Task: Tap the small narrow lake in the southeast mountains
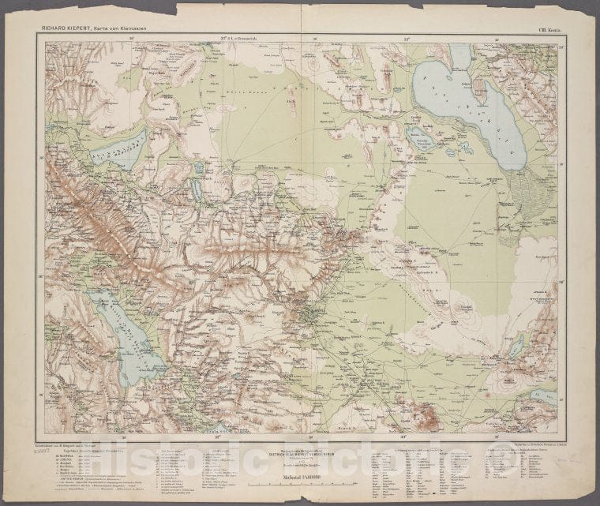click(x=516, y=345)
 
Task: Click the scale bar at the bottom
click(x=300, y=482)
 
